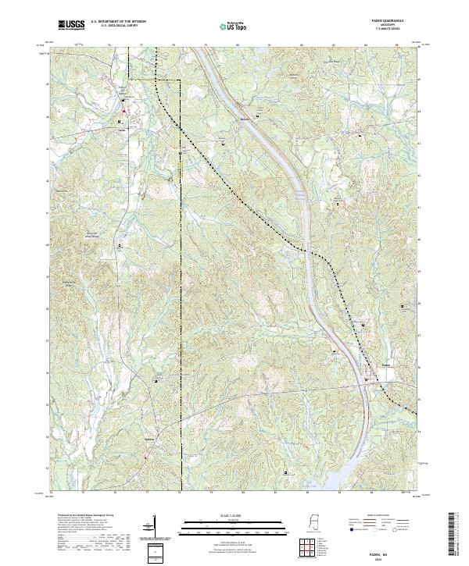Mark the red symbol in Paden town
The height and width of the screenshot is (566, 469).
coord(366,380)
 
